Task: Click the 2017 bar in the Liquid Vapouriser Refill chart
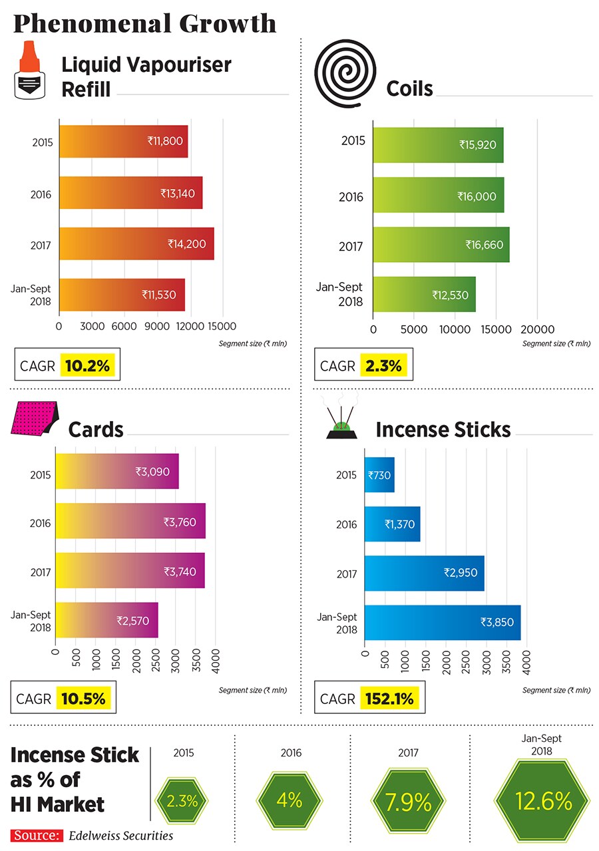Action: [x=136, y=244]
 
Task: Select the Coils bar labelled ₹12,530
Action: [x=424, y=294]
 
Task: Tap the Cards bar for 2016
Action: [x=130, y=521]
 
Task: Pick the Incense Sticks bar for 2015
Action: [x=379, y=475]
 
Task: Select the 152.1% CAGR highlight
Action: [x=389, y=699]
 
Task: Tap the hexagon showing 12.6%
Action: [x=542, y=802]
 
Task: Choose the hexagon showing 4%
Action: [x=290, y=800]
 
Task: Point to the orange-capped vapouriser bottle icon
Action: [x=28, y=70]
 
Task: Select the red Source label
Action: [x=37, y=836]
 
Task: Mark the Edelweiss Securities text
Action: [x=121, y=836]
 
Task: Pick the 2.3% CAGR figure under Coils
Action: [x=383, y=365]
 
